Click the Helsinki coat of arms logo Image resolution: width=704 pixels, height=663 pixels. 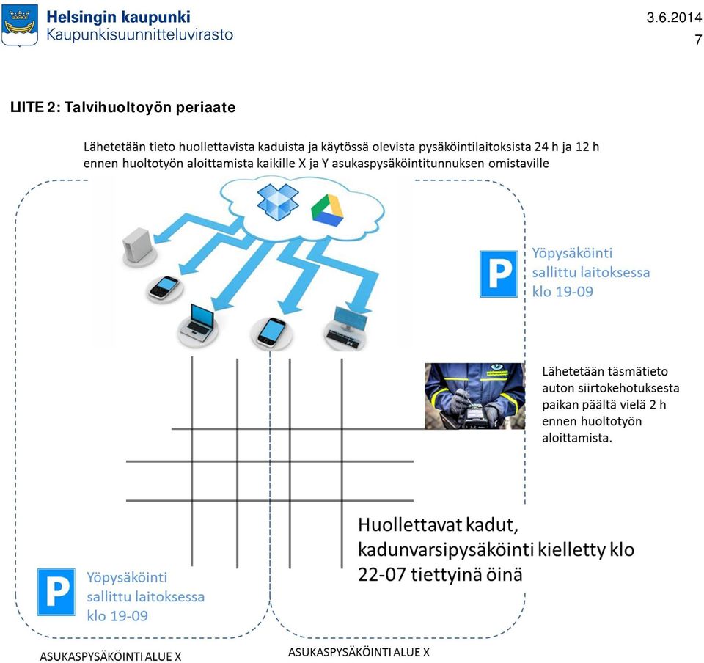click(x=20, y=26)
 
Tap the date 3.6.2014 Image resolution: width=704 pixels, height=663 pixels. click(x=674, y=18)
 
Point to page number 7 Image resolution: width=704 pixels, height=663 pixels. click(x=698, y=40)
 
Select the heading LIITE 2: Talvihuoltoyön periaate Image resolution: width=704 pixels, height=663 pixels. click(x=123, y=107)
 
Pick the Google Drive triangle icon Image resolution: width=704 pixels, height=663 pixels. click(x=327, y=210)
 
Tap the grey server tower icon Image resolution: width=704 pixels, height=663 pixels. click(x=139, y=245)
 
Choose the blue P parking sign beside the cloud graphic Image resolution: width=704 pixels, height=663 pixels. click(x=499, y=274)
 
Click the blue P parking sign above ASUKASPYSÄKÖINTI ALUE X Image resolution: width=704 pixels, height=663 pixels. click(x=56, y=592)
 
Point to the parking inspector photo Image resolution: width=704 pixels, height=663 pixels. click(x=474, y=396)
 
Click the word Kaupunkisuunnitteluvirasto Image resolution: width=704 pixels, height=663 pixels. click(x=139, y=35)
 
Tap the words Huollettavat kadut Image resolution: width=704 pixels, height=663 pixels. click(x=438, y=524)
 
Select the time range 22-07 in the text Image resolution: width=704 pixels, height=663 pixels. click(x=381, y=574)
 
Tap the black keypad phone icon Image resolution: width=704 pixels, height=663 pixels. click(x=164, y=287)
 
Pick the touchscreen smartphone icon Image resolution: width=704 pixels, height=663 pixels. click(x=271, y=332)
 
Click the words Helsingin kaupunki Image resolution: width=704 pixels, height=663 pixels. click(x=119, y=17)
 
